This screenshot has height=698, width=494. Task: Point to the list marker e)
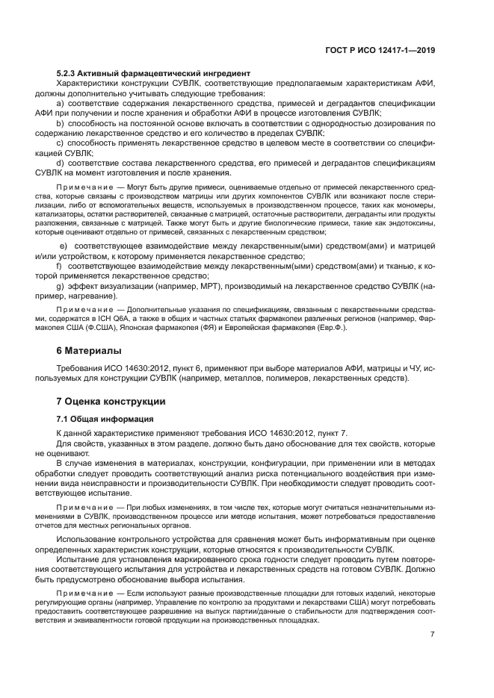[64, 246]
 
